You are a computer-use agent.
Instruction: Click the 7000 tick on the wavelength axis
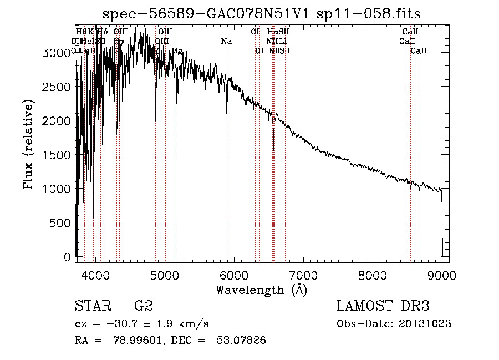point(303,275)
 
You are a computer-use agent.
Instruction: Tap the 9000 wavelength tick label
point(442,275)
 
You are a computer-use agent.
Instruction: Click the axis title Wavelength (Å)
point(261,290)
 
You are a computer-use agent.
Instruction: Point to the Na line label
point(226,42)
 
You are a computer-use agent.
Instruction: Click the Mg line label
point(176,51)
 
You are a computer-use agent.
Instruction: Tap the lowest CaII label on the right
point(419,51)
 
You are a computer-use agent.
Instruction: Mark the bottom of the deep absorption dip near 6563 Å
point(273,149)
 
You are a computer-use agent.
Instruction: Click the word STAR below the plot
point(93,306)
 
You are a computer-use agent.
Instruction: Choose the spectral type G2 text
point(143,306)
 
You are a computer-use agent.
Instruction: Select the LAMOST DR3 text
point(383,306)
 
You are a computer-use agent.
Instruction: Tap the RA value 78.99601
point(140,341)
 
